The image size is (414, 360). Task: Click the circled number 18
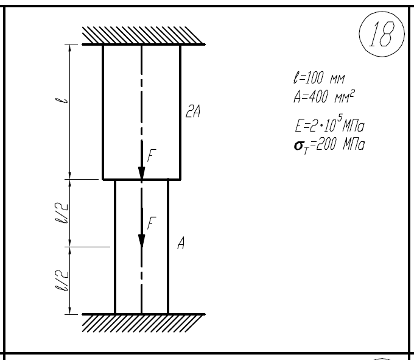pyautogui.click(x=382, y=34)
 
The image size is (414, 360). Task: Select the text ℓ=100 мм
pyautogui.click(x=319, y=77)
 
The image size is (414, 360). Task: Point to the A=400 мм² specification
pyautogui.click(x=325, y=96)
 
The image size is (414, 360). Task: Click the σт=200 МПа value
pyautogui.click(x=329, y=145)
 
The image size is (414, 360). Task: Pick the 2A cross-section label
pyautogui.click(x=193, y=111)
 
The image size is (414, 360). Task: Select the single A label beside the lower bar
pyautogui.click(x=181, y=243)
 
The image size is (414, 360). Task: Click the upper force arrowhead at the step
pyautogui.click(x=142, y=173)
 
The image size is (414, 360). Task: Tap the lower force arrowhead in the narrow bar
pyautogui.click(x=142, y=241)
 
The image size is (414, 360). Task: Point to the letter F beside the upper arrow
pyautogui.click(x=152, y=155)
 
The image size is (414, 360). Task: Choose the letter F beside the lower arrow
pyautogui.click(x=152, y=223)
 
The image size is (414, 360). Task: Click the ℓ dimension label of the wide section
pyautogui.click(x=61, y=101)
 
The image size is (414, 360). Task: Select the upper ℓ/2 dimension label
pyautogui.click(x=61, y=213)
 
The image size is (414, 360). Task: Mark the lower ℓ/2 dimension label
pyautogui.click(x=61, y=280)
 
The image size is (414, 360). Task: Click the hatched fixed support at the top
pyautogui.click(x=144, y=36)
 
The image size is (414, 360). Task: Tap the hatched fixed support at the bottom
pyautogui.click(x=144, y=322)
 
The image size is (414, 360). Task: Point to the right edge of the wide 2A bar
pyautogui.click(x=180, y=112)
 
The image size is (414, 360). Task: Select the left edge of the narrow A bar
pyautogui.click(x=115, y=247)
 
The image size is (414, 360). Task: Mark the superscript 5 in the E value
pyautogui.click(x=340, y=118)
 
